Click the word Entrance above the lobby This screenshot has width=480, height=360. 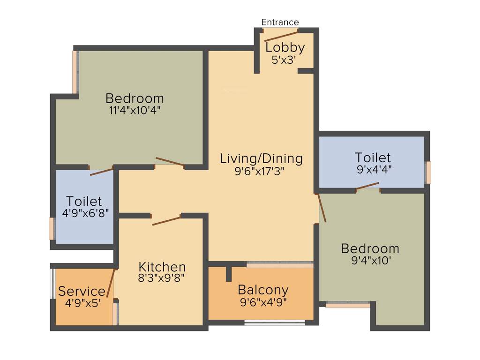280,22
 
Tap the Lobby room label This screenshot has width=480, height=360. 285,47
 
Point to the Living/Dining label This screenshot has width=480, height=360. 261,158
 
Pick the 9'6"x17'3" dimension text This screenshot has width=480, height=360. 259,171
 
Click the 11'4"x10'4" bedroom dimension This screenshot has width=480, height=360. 135,111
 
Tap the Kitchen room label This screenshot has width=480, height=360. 162,267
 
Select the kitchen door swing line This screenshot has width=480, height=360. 166,220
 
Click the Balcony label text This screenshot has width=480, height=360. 262,290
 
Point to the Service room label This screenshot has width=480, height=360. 82,291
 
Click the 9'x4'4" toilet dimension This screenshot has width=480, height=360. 374,169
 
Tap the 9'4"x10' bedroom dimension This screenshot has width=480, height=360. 371,261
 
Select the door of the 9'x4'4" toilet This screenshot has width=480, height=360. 367,186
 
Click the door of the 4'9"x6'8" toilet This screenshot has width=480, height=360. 101,172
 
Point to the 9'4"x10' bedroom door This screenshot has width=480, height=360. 322,207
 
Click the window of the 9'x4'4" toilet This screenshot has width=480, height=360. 428,172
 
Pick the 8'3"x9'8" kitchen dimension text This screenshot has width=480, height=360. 162,278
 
